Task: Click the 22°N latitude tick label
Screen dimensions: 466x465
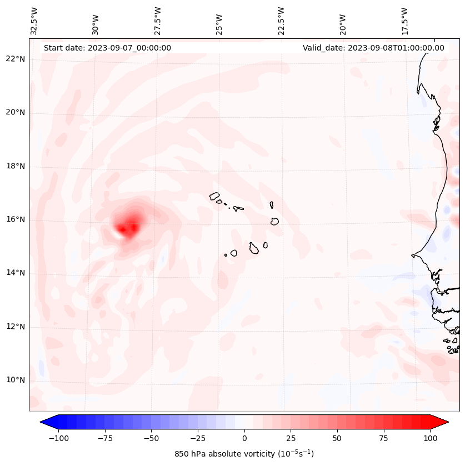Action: pyautogui.click(x=16, y=59)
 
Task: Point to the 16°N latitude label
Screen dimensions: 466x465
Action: pyautogui.click(x=16, y=220)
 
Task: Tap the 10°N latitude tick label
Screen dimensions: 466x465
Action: pyautogui.click(x=16, y=380)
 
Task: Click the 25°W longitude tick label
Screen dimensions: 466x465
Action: pyautogui.click(x=219, y=22)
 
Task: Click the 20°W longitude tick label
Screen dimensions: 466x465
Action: pyautogui.click(x=343, y=22)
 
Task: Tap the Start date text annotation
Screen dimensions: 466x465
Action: pyautogui.click(x=107, y=48)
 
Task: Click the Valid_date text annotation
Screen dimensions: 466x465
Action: pyautogui.click(x=373, y=48)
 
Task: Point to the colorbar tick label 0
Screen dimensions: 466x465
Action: pyautogui.click(x=244, y=438)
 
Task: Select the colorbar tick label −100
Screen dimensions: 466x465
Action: pyautogui.click(x=58, y=438)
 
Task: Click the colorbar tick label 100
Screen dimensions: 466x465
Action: pyautogui.click(x=430, y=438)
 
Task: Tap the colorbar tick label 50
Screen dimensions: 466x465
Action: pyautogui.click(x=337, y=438)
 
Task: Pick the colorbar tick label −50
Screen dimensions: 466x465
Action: pyautogui.click(x=151, y=438)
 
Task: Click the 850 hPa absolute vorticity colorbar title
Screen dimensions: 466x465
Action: pyautogui.click(x=244, y=454)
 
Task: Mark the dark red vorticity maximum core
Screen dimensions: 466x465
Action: pyautogui.click(x=122, y=228)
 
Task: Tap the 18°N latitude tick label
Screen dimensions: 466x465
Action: pyautogui.click(x=16, y=167)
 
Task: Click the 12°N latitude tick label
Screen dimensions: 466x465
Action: pyautogui.click(x=16, y=327)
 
